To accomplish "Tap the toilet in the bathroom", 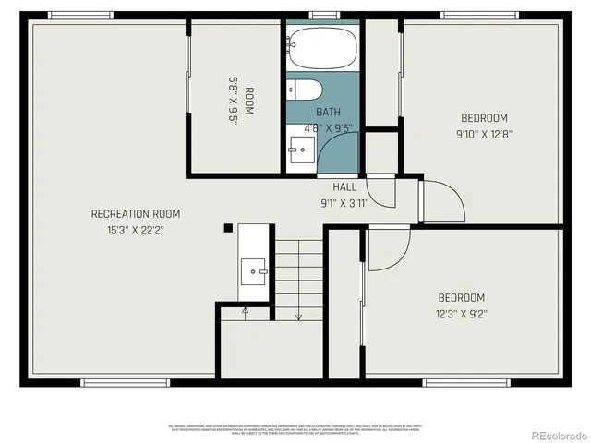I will tap(306, 90).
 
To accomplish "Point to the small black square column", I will tap(228, 228).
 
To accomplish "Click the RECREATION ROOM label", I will tap(136, 214).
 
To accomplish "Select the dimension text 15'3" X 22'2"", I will tap(136, 231).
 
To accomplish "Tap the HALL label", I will tap(344, 187).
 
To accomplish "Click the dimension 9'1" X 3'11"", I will tap(344, 203).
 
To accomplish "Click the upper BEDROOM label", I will tap(484, 118).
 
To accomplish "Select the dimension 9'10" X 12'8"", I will tap(484, 134).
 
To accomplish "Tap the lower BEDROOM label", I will tap(461, 297).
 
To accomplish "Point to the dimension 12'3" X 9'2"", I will tap(461, 314).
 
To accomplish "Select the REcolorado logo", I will tap(550, 434).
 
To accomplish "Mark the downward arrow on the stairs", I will tap(298, 316).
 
